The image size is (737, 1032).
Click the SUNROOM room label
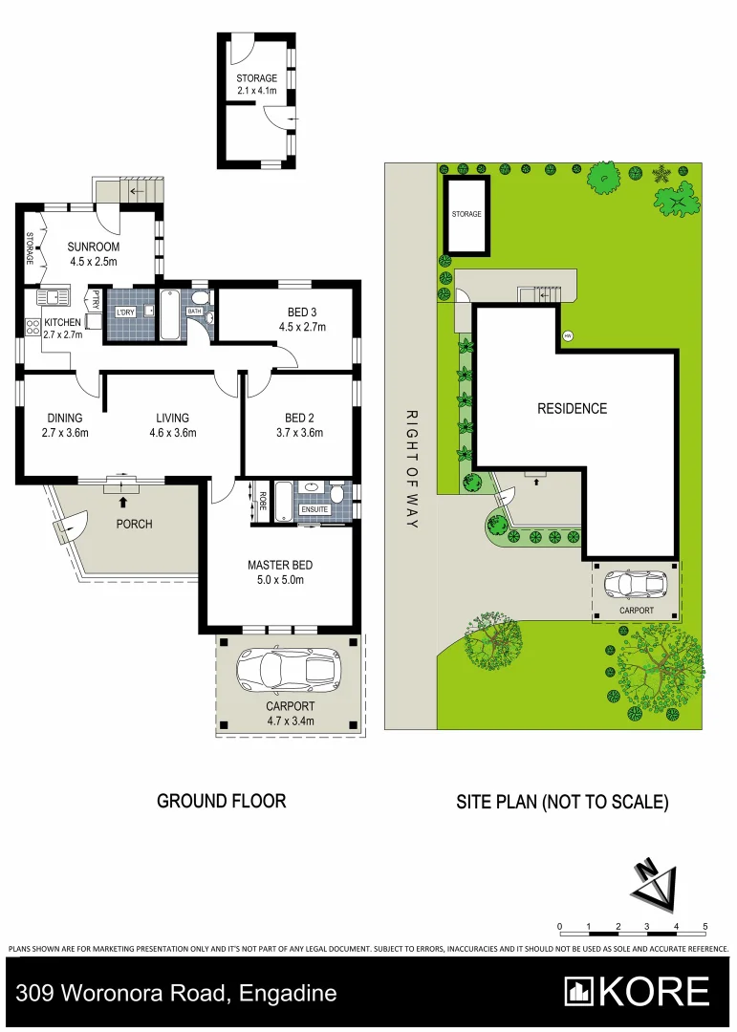pos(92,247)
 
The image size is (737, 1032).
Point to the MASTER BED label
pos(280,565)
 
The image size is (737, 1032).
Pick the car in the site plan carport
pos(636,584)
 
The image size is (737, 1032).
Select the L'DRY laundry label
pos(124,313)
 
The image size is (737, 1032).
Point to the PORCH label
pos(134,524)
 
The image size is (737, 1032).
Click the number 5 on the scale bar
pos(705,927)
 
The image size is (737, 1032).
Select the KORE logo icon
pos(579,991)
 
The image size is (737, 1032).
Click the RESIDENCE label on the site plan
pos(572,409)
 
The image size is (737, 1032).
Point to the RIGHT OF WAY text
pos(413,469)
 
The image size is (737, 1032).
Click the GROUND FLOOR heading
pos(221,801)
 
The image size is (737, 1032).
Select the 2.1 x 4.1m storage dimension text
pos(257,91)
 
